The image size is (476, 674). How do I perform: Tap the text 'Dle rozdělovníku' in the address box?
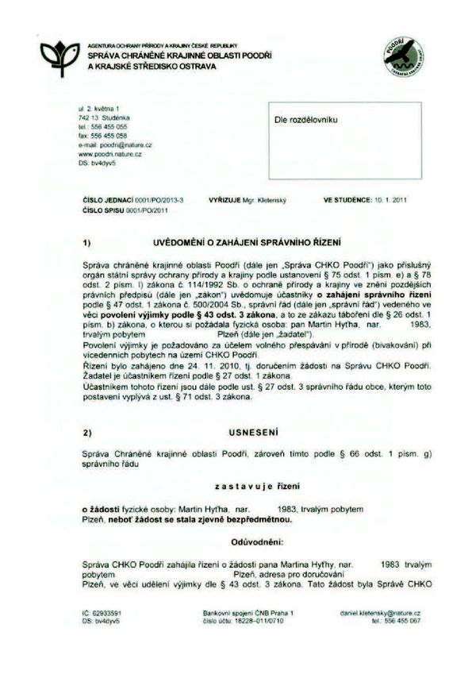pyautogui.click(x=306, y=118)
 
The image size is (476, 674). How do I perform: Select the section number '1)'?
pyautogui.click(x=87, y=240)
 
